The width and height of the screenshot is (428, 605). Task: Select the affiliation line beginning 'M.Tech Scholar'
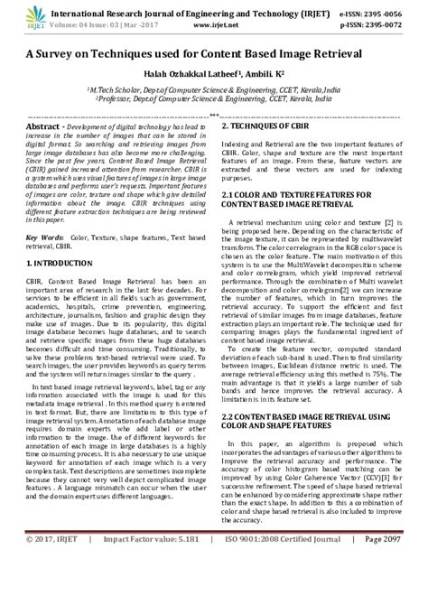tap(214, 91)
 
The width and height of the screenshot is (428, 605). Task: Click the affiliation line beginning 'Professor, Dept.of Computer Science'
tap(214, 101)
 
